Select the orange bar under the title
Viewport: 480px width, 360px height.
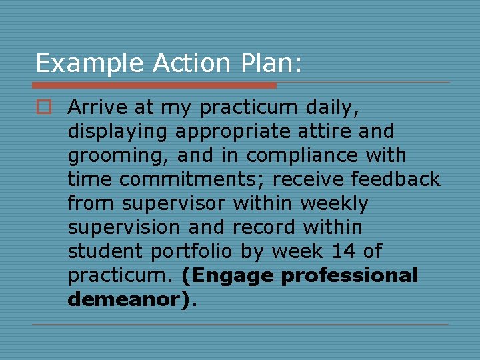[x=154, y=85]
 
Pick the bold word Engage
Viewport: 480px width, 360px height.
[x=227, y=276]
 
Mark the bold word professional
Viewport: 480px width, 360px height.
[x=349, y=276]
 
